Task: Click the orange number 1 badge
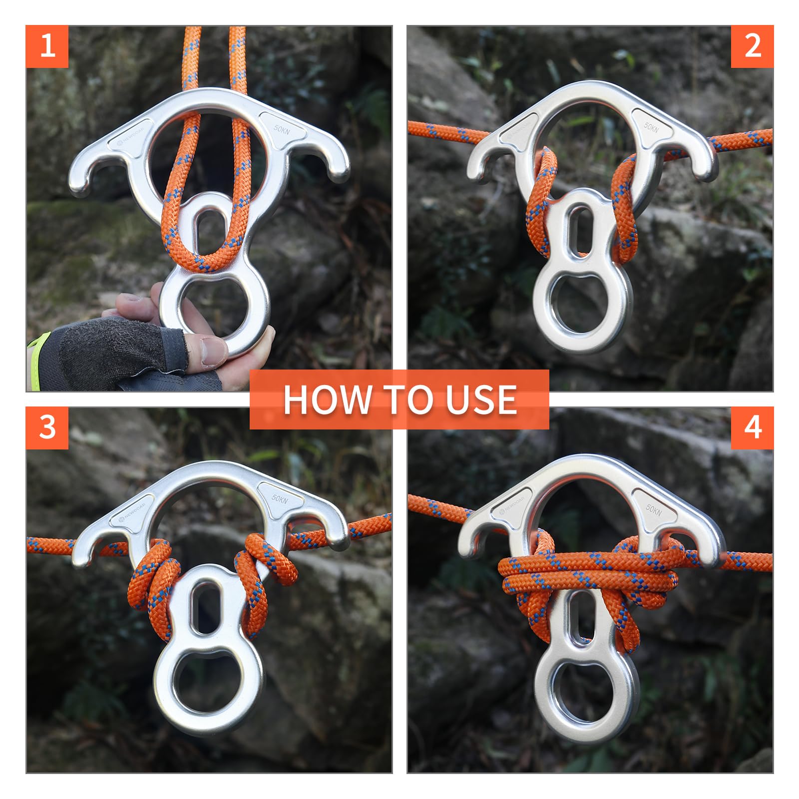[47, 46]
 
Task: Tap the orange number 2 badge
[752, 46]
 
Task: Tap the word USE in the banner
[481, 399]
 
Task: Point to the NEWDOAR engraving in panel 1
[131, 135]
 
